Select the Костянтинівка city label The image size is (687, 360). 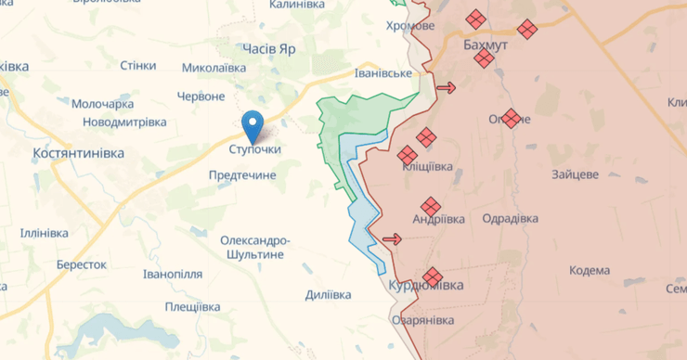point(78,152)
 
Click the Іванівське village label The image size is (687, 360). point(383,73)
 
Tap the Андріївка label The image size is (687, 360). point(438,219)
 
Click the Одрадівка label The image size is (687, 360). point(511,218)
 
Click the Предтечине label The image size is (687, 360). point(242,174)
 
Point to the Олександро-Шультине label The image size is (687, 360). point(255,248)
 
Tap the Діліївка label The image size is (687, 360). point(328,294)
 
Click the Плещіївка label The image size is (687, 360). point(193,306)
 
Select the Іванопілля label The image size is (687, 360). point(173,275)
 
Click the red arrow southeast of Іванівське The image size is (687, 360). point(446,88)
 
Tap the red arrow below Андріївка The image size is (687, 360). point(392,239)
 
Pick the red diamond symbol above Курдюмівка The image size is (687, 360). point(432,276)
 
